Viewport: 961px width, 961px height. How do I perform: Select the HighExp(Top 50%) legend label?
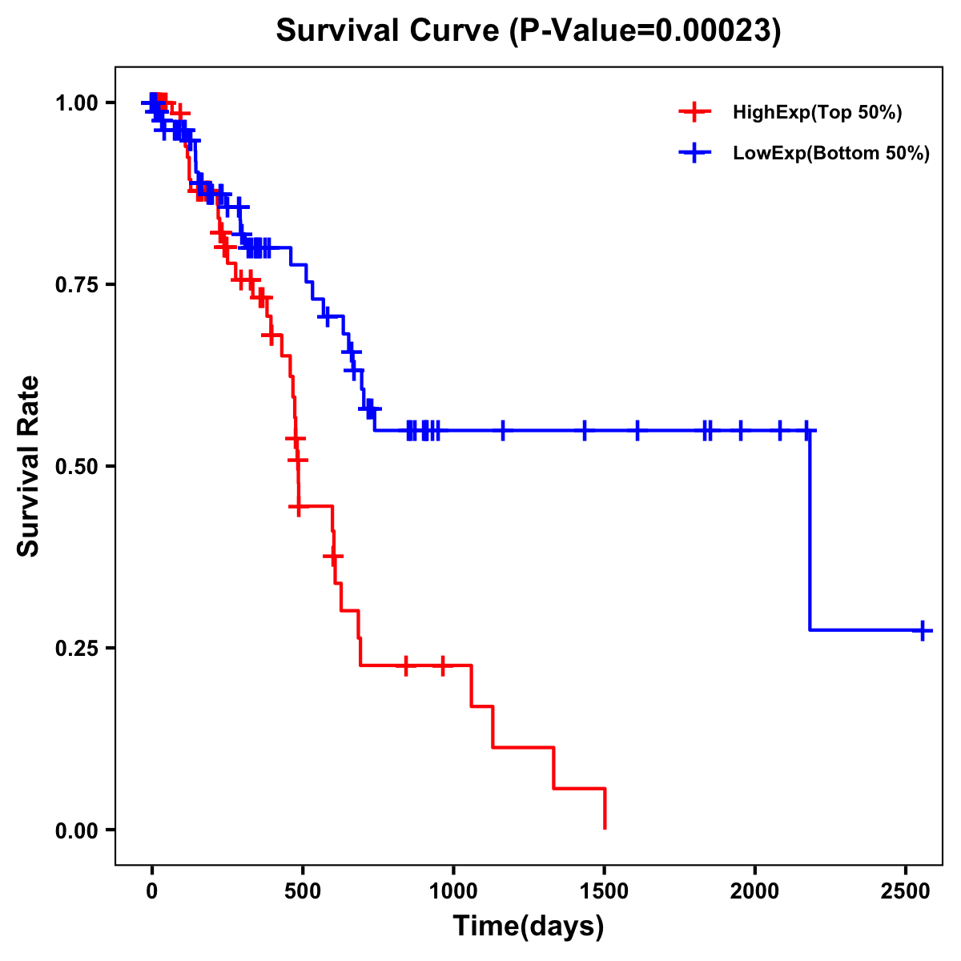pyautogui.click(x=818, y=113)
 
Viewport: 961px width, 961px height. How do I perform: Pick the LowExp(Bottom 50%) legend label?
pyautogui.click(x=831, y=154)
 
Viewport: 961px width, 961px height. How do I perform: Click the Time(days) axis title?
pyautogui.click(x=529, y=926)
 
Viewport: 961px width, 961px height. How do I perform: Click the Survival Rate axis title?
pyautogui.click(x=29, y=466)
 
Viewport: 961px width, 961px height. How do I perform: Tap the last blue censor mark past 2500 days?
pyautogui.click(x=923, y=630)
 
